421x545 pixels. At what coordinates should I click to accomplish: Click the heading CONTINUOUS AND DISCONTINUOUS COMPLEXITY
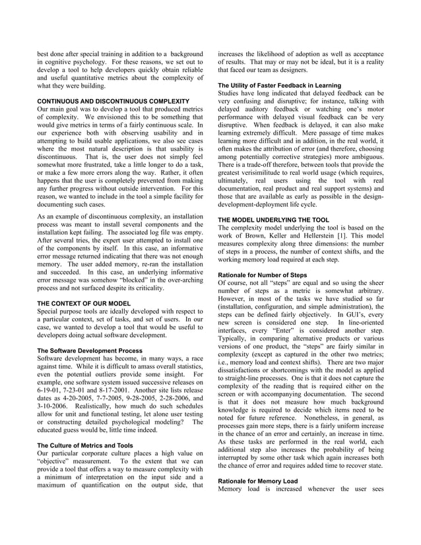pyautogui.click(x=104, y=101)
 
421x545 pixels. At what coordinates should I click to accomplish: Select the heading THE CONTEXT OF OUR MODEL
pyautogui.click(x=84, y=303)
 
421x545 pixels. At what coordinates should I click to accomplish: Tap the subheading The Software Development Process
pyautogui.click(x=90, y=350)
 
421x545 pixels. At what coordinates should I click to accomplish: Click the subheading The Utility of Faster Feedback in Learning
pyautogui.click(x=280, y=86)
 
